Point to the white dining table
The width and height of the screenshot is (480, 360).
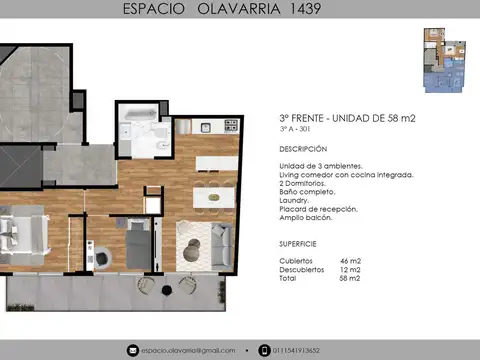[208, 196]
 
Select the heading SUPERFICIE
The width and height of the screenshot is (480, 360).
[299, 244]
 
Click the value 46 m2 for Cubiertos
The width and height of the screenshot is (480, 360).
[351, 260]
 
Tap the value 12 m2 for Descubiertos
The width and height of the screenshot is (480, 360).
[351, 269]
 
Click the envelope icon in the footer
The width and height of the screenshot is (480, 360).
[131, 350]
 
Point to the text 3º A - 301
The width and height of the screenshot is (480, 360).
[295, 130]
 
